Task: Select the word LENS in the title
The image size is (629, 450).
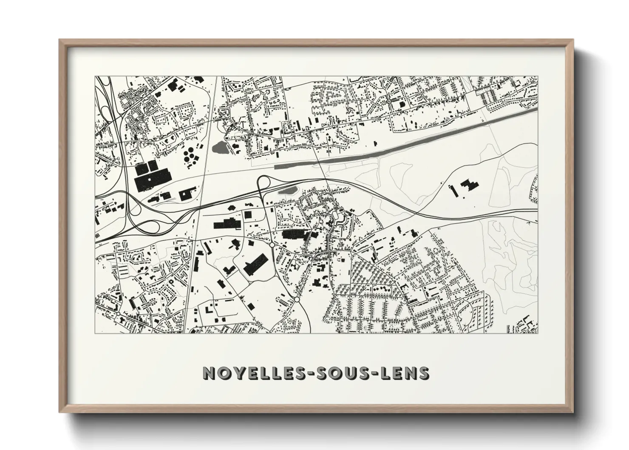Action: click(403, 373)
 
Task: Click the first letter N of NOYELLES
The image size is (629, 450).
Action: click(210, 373)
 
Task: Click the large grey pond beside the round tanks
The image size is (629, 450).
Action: click(220, 148)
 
